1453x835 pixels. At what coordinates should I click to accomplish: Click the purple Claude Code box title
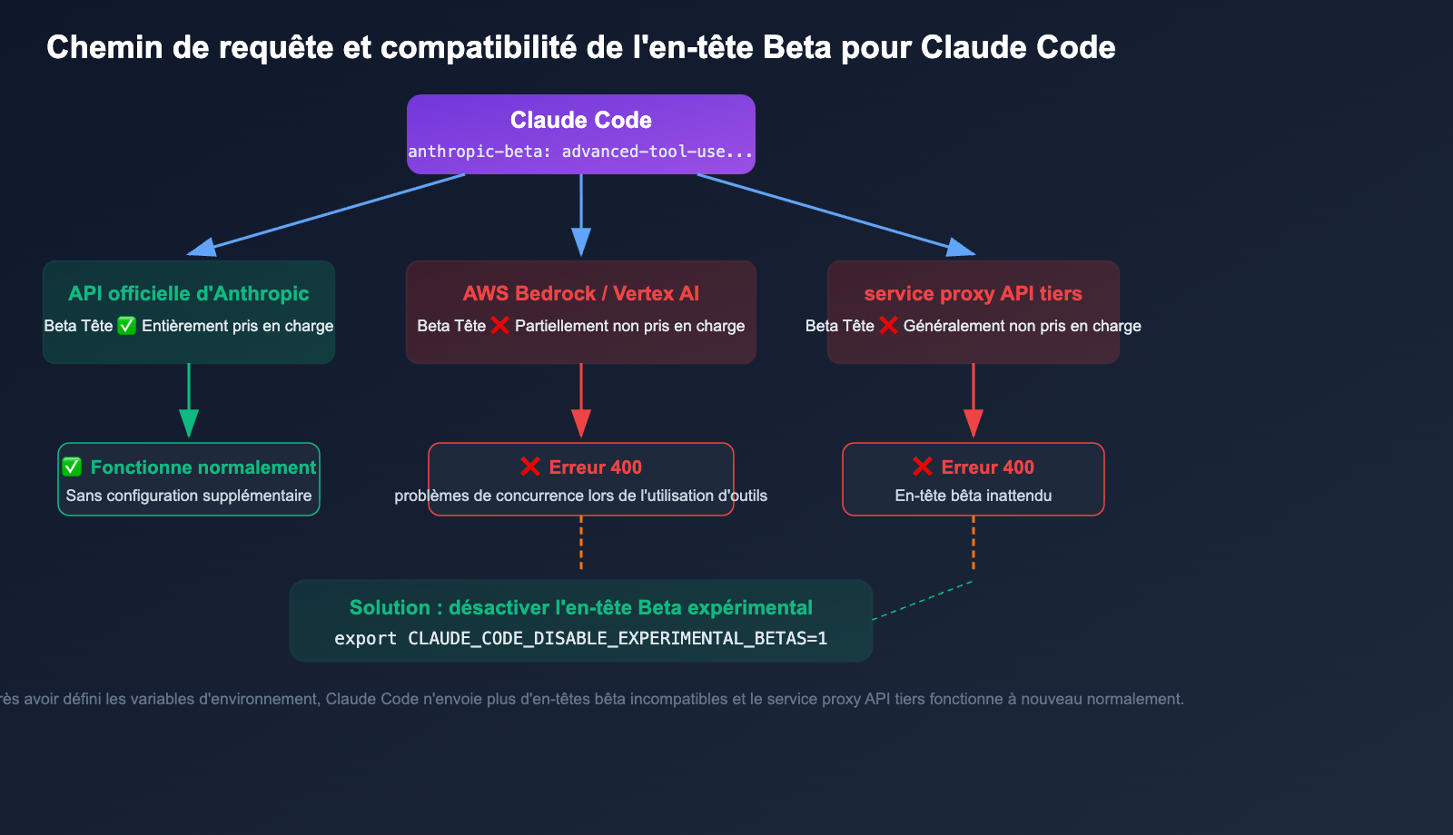(581, 120)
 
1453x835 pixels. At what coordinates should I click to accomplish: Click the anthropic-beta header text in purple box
(581, 152)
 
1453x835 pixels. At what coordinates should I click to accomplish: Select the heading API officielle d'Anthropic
(189, 293)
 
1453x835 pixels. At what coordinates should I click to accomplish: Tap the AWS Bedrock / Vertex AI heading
(581, 293)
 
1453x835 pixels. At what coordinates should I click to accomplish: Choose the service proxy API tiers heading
(974, 293)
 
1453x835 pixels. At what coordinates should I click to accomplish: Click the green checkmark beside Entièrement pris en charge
(127, 326)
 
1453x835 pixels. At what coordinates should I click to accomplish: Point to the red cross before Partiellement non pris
(499, 326)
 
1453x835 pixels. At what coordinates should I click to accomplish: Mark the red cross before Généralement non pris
(888, 326)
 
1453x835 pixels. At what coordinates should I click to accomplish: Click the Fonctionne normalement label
(203, 467)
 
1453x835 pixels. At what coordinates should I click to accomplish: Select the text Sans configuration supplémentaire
(189, 496)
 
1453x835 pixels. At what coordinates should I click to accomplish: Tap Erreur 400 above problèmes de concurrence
(595, 467)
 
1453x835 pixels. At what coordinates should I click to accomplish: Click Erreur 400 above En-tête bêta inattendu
(987, 467)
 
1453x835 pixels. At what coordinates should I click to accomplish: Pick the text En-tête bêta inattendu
(974, 496)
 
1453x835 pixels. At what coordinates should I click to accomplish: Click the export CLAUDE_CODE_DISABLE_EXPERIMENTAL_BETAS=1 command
(581, 638)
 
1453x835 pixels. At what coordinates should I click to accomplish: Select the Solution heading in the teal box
(581, 607)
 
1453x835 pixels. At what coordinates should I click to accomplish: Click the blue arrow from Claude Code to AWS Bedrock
(581, 213)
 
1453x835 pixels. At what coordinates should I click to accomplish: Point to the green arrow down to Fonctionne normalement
(189, 399)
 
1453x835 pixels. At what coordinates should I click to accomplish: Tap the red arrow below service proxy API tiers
(974, 399)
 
